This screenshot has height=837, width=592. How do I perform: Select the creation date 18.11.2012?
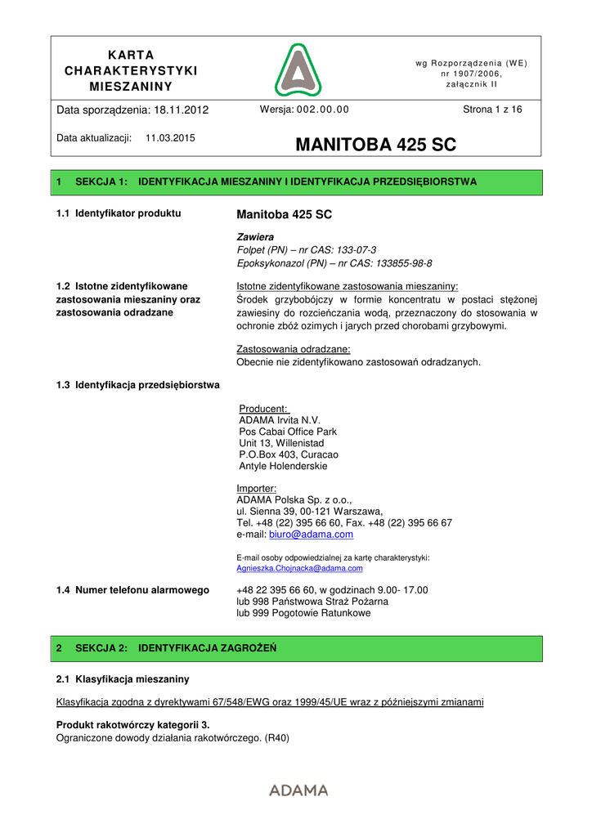181,110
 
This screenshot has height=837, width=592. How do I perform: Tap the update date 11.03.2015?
170,138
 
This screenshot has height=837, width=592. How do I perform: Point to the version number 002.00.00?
321,110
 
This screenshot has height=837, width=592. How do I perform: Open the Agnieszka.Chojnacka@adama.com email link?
299,567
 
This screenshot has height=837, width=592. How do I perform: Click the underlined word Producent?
263,409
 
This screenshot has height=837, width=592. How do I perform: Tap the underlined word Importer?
257,489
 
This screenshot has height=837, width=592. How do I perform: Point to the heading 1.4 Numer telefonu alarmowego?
132,590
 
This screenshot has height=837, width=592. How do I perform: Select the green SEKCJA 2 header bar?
296,648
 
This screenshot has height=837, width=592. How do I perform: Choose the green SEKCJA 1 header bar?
296,182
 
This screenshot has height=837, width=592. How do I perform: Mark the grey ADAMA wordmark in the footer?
298,790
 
